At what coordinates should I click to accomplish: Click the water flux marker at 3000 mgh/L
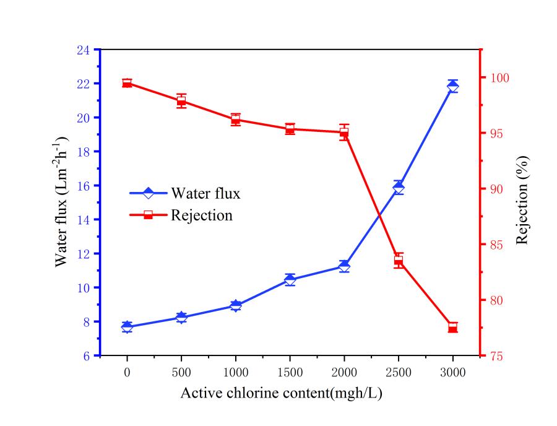[453, 86]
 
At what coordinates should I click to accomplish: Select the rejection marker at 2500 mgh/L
[399, 261]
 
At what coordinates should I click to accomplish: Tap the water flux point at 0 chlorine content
[127, 327]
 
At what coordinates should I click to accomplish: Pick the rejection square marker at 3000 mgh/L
[452, 328]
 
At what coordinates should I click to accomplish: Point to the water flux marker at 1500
[290, 280]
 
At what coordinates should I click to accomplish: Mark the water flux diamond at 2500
[399, 188]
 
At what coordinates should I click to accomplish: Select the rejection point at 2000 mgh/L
[344, 132]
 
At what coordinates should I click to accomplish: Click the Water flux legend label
[205, 193]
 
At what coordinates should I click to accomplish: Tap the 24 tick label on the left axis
[84, 50]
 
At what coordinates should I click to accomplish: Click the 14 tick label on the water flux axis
[84, 220]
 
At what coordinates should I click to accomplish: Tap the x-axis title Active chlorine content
[281, 394]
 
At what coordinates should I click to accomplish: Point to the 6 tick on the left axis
[87, 356]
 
